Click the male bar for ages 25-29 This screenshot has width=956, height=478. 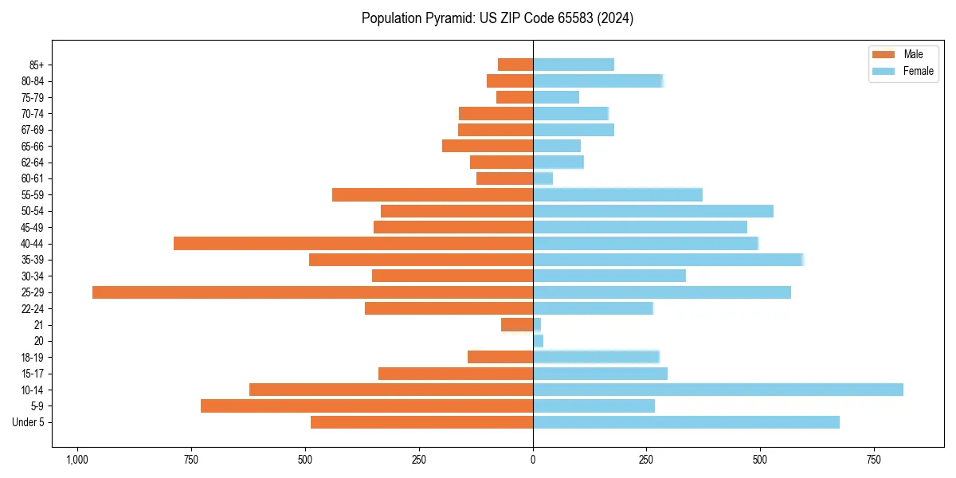[x=312, y=292]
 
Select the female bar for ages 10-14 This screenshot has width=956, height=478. [x=718, y=390]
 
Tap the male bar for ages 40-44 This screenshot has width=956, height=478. [x=353, y=244]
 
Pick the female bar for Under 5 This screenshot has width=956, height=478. [x=686, y=422]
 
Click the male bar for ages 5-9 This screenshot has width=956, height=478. [x=366, y=406]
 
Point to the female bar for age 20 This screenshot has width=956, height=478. [x=539, y=341]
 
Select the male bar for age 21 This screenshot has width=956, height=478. [x=517, y=325]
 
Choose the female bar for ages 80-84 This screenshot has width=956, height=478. [x=597, y=80]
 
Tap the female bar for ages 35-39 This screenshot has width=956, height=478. [x=668, y=260]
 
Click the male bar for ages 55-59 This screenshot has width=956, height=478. [x=433, y=195]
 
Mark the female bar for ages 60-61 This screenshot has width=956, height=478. [x=543, y=178]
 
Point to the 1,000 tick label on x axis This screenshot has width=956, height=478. [x=77, y=460]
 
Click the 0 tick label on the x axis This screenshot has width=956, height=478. [x=533, y=460]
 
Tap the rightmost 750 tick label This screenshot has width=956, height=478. [x=874, y=460]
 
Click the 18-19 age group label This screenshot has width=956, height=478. [x=33, y=358]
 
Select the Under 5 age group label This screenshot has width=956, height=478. [x=29, y=422]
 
